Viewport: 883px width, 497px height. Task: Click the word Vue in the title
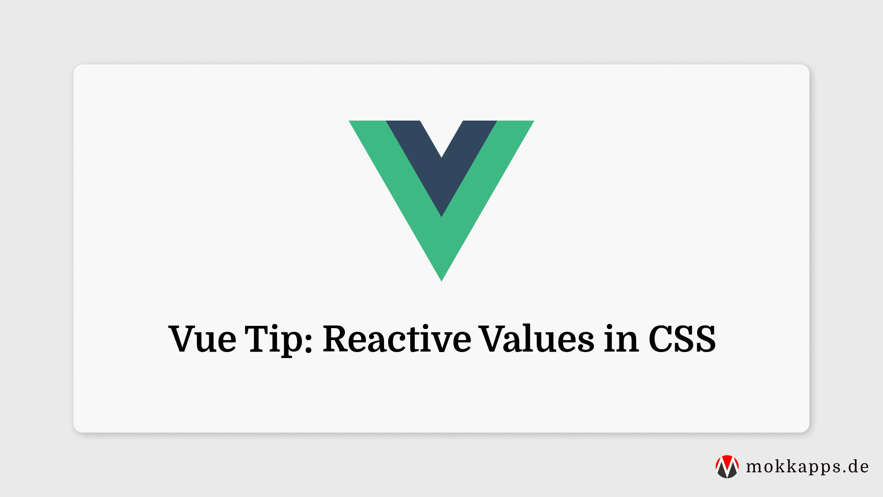[x=202, y=339]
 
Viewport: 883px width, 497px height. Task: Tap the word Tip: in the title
[x=279, y=339]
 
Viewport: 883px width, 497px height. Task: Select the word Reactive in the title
[x=397, y=339]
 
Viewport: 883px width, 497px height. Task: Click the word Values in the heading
[x=537, y=339]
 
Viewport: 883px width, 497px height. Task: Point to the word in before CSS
[x=621, y=339]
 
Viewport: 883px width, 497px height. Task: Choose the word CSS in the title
[x=682, y=339]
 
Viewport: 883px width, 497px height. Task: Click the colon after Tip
[x=308, y=341]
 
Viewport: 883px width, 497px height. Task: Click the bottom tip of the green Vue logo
[x=441, y=279]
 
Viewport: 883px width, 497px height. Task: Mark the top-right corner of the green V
[x=532, y=122]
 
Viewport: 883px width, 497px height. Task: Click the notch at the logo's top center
[x=441, y=156]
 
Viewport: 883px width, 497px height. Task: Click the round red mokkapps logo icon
[x=727, y=467]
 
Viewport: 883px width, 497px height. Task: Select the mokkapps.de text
[x=807, y=467]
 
